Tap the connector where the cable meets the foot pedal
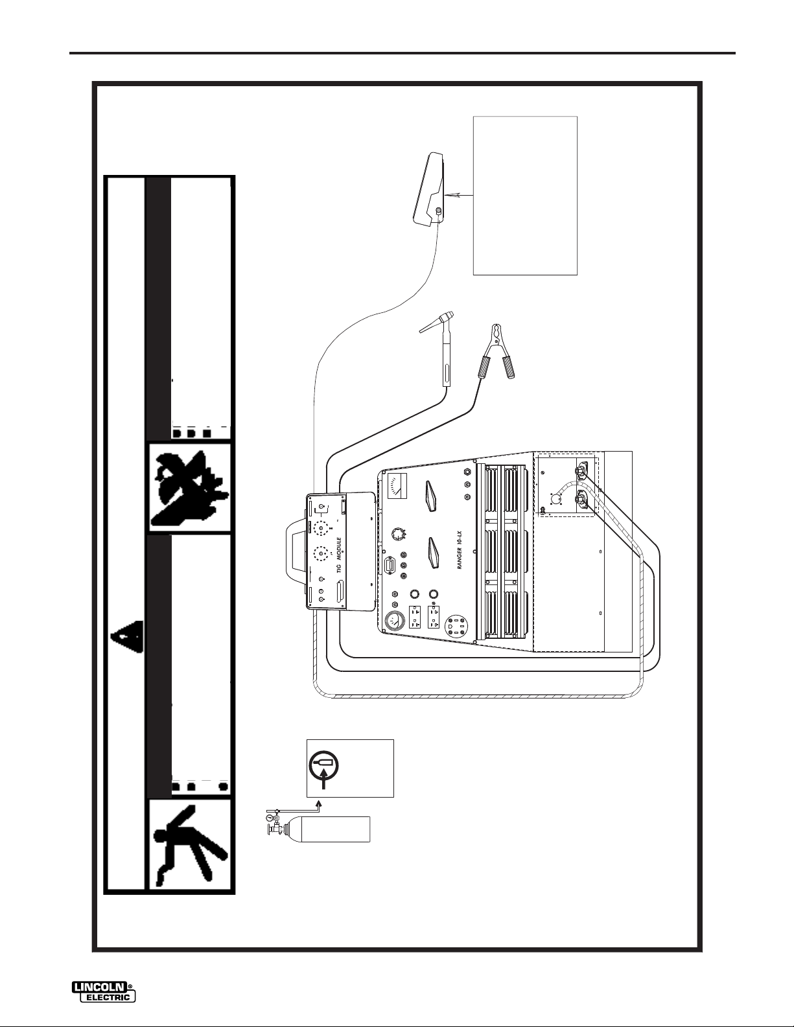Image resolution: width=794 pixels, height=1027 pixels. coord(439,212)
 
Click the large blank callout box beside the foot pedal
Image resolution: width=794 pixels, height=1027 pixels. coord(525,196)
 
